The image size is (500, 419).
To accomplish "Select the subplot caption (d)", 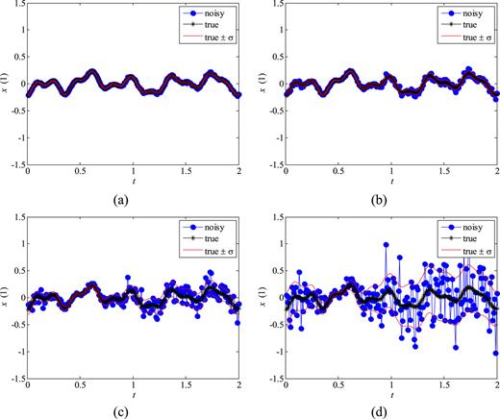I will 391,408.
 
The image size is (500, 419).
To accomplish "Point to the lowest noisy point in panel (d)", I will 496,353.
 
